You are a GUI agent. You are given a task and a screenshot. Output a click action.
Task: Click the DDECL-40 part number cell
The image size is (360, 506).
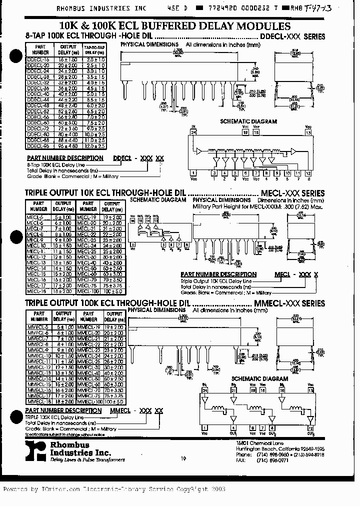[x=38, y=93]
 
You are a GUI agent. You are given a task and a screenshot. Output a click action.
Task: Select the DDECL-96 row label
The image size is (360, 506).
[x=38, y=146]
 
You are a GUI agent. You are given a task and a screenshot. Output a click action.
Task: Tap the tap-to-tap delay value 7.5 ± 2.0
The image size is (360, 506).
[x=94, y=122]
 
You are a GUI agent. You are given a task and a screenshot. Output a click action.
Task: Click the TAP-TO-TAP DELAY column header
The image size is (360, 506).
[x=94, y=49]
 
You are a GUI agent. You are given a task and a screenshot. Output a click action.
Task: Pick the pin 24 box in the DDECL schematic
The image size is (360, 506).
[x=193, y=132]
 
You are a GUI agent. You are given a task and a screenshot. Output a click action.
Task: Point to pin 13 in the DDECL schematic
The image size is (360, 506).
[x=308, y=132]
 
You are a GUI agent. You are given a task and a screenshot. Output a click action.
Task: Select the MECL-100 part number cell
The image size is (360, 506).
[x=88, y=291]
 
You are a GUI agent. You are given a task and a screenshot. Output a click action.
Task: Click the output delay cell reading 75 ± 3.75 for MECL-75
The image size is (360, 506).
[x=112, y=285]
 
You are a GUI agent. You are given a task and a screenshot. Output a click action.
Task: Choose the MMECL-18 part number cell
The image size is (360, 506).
[x=38, y=401]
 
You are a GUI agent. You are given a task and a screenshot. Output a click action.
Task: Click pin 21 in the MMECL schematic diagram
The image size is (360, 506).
[x=233, y=388]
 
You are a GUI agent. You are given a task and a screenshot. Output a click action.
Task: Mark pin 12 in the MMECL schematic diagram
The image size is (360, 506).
[x=310, y=428]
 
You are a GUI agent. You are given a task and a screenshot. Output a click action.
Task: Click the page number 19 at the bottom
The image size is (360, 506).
[x=183, y=458]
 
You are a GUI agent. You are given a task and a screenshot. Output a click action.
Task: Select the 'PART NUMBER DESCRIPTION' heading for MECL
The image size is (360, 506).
[x=218, y=274]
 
